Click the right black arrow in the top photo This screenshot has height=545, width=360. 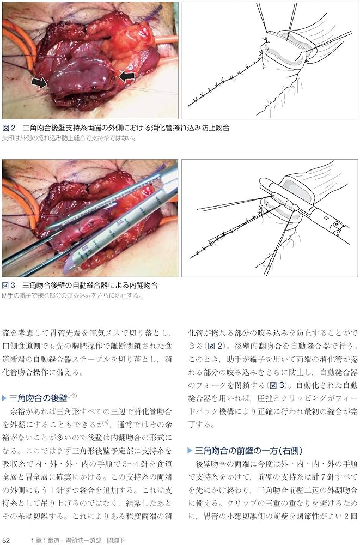tap(126, 77)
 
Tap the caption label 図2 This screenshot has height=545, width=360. tap(9, 128)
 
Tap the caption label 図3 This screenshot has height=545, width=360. tap(9, 286)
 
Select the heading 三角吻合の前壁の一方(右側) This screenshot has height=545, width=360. tap(245, 450)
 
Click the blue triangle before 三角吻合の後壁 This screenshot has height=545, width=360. tap(5, 397)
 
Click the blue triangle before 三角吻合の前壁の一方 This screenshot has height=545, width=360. tap(190, 450)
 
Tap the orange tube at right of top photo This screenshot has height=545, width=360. tap(166, 39)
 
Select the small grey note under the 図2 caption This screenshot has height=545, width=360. tap(69, 138)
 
